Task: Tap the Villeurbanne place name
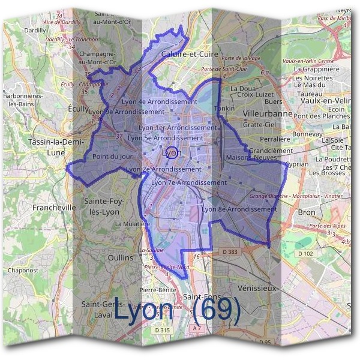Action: point(268,113)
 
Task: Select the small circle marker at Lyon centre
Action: point(170,152)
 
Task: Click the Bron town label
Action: point(306,213)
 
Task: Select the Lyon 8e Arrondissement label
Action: point(239,209)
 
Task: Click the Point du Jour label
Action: point(112,157)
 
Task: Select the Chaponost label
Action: point(24,271)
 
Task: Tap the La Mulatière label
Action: point(129,223)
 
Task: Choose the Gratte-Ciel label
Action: point(259,125)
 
